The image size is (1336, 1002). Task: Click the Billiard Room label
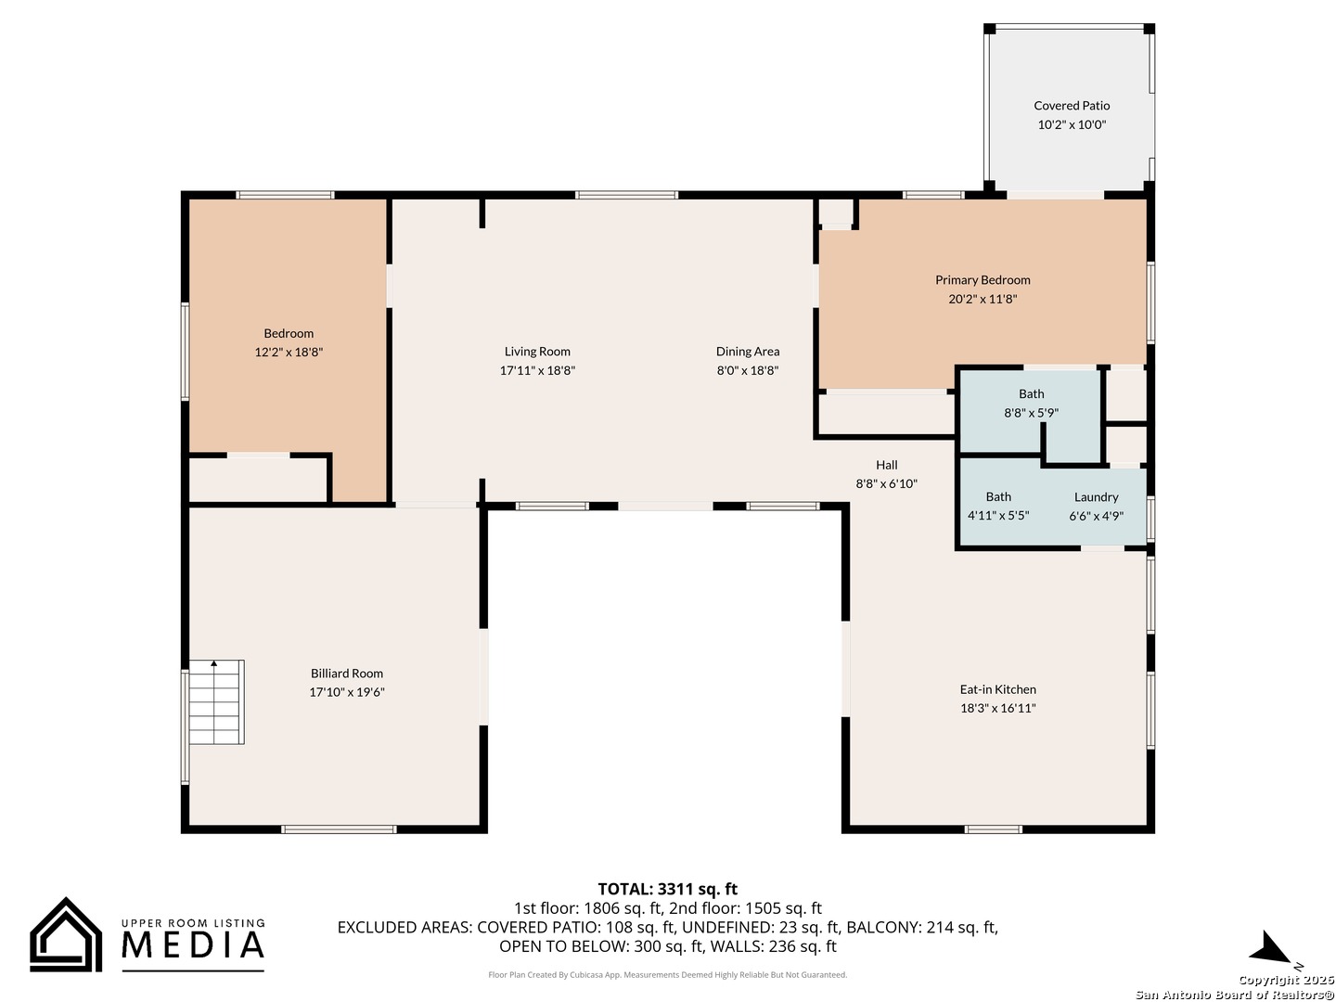(x=346, y=673)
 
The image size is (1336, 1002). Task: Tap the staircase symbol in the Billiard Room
(x=216, y=701)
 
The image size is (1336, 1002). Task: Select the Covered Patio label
(x=1072, y=105)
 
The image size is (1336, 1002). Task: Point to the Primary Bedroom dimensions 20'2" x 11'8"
(x=983, y=299)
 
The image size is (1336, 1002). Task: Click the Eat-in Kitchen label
(x=997, y=689)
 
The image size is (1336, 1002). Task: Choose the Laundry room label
(x=1096, y=497)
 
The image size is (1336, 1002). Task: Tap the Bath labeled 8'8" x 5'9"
(x=1031, y=393)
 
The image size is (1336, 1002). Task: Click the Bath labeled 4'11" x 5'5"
(x=998, y=496)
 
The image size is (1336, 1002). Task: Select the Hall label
(x=886, y=465)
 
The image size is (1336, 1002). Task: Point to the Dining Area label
(x=748, y=351)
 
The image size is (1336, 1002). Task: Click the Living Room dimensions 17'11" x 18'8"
(x=537, y=370)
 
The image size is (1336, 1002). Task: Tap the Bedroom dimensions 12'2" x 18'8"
(x=289, y=352)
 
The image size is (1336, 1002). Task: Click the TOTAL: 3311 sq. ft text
(x=667, y=889)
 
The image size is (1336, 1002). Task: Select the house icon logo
(x=66, y=934)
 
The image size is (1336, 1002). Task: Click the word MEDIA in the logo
(x=193, y=944)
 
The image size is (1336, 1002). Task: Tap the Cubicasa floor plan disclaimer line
(x=667, y=974)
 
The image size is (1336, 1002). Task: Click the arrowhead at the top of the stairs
(x=213, y=663)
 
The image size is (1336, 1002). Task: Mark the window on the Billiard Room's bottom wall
(x=339, y=829)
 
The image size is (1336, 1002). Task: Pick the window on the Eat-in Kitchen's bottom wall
(x=993, y=829)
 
